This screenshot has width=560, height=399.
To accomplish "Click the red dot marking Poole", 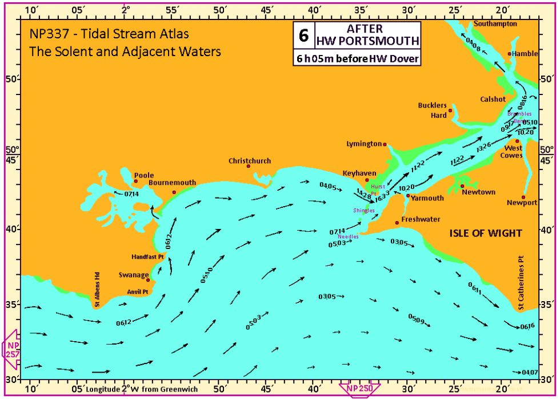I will click(x=135, y=181).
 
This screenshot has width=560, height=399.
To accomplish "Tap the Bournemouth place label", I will click(x=172, y=183).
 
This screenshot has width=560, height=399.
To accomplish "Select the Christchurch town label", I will click(x=250, y=161).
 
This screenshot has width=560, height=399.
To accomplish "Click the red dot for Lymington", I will click(x=385, y=144).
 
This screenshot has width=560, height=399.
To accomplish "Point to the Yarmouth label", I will click(x=427, y=198).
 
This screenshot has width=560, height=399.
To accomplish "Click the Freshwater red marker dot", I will click(x=397, y=223).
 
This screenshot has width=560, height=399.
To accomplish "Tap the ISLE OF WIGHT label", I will click(x=486, y=233).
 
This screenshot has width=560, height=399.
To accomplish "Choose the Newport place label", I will click(x=521, y=203).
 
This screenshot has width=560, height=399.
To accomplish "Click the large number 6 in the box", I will click(x=303, y=35).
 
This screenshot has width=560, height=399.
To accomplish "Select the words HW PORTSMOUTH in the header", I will click(x=367, y=41).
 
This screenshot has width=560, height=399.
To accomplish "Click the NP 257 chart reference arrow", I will click(x=12, y=347).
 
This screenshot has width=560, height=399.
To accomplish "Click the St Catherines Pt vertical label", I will click(x=521, y=283).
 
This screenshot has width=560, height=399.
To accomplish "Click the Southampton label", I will click(x=495, y=23).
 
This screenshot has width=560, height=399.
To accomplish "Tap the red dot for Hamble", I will click(x=509, y=54).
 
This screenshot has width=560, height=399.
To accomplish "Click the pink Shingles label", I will click(x=364, y=210).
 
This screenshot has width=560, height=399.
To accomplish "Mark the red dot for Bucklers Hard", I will click(x=450, y=110).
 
